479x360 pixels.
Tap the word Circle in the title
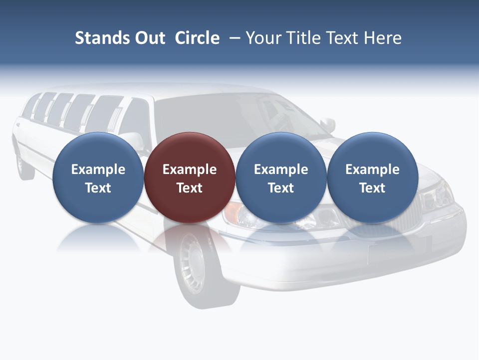coord(197,38)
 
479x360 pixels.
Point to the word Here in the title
coord(382,38)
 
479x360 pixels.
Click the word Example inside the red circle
coord(190,169)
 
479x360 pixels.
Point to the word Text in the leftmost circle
coord(98,188)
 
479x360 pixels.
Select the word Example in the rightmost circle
coord(373,169)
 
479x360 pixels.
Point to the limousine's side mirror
coord(327,123)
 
